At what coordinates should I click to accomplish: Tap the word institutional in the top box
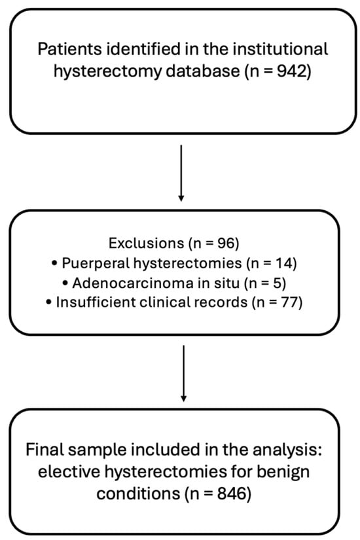[282, 49]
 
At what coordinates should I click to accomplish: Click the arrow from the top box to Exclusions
[182, 171]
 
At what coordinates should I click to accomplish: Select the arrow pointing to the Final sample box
[183, 372]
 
